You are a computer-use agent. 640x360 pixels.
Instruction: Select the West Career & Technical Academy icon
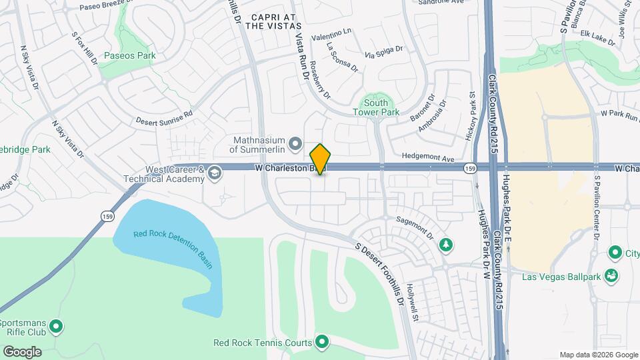coord(214,174)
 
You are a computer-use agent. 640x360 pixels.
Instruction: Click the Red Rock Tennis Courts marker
coord(323,343)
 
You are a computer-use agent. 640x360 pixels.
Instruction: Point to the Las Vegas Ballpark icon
coord(611,276)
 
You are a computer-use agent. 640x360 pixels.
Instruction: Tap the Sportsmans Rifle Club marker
coord(57,327)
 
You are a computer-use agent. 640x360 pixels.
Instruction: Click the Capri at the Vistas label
coord(273,21)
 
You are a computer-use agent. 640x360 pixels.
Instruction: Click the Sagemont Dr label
coord(415,227)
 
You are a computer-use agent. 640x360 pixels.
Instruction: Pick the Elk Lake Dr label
coord(597,37)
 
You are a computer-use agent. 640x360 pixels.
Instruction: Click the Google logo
coord(22,351)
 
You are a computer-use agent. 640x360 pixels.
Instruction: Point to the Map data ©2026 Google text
coord(598,355)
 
